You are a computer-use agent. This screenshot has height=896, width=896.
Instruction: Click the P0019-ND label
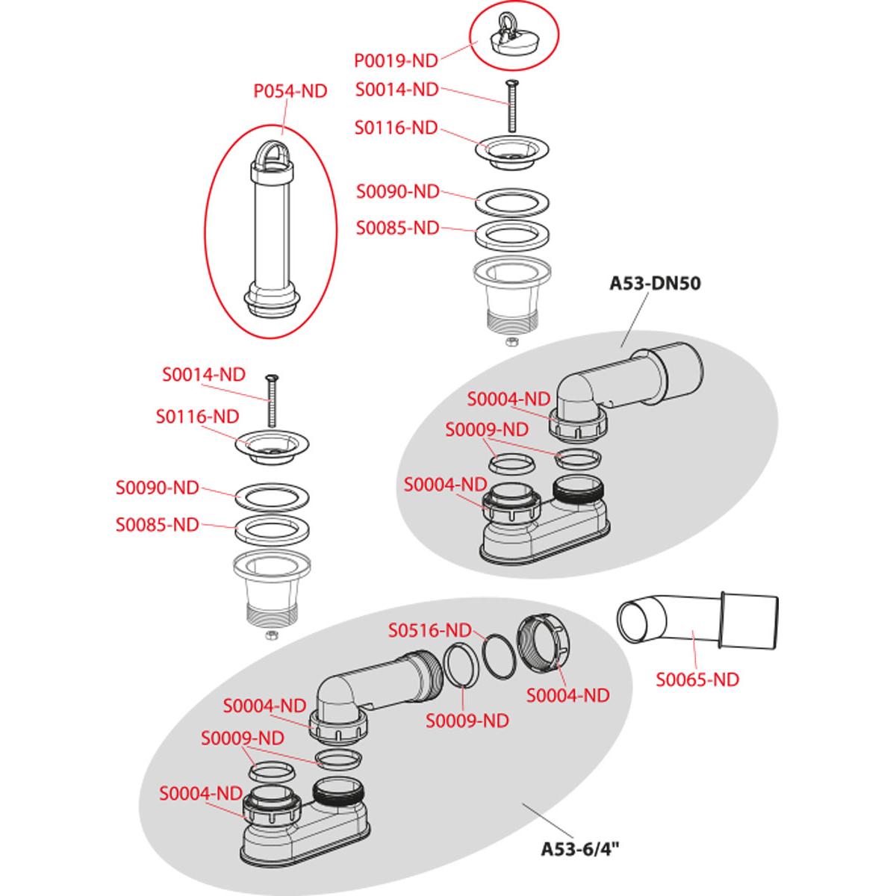396,60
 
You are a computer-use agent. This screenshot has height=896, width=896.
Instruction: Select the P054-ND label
290,91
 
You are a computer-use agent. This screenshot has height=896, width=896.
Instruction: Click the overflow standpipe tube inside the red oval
272,228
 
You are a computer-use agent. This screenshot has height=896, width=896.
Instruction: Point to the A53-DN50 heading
655,283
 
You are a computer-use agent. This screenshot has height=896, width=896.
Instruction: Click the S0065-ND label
697,679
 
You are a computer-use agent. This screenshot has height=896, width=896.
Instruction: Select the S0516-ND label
430,630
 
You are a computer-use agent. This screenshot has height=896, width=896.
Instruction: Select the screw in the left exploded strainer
271,400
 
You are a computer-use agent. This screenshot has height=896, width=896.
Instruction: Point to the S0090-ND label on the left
157,488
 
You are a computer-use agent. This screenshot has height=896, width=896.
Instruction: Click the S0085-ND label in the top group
397,228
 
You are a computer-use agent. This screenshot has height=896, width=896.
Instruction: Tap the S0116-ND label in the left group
197,417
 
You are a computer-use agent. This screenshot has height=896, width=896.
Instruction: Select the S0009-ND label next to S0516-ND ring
467,721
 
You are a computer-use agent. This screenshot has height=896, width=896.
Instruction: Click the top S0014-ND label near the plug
397,90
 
